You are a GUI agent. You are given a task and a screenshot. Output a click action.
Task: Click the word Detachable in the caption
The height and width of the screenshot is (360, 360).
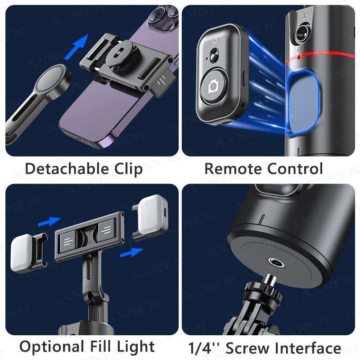click(x=61, y=169)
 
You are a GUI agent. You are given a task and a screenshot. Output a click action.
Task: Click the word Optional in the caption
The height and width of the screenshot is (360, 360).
click(x=50, y=347)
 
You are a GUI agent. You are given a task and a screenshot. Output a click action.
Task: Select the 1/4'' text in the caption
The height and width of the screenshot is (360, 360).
click(x=205, y=348)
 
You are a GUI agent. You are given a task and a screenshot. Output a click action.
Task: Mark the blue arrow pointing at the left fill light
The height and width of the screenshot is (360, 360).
click(x=48, y=221)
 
